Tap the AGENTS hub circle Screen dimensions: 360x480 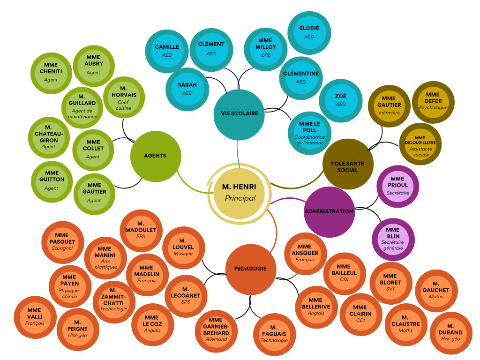coord(155,156)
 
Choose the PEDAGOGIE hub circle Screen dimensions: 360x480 coord(250,269)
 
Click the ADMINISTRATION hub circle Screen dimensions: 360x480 coord(329,211)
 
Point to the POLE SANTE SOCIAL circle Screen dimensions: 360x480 coord(347,164)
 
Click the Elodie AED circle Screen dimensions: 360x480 coord(309,32)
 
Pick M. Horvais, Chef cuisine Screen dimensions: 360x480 coord(124,97)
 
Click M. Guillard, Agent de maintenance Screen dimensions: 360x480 coord(82,107)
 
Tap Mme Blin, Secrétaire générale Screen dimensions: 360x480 coord(393,239)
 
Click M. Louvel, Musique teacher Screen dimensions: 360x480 coord(183,249)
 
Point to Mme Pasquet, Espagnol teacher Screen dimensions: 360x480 coord(62,241)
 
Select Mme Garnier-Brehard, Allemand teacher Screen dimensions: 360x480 coord(216,329)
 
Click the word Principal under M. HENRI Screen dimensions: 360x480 coord(240,198)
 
